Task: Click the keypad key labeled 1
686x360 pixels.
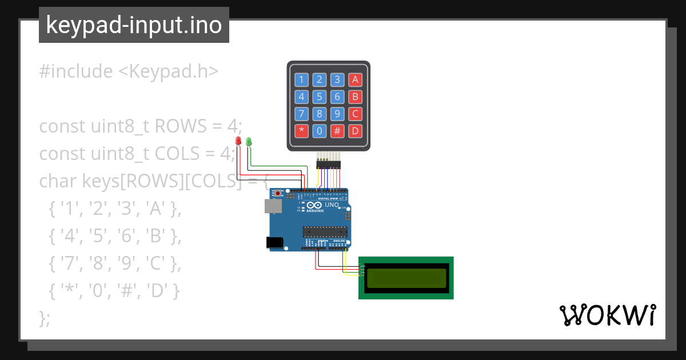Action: pos(301,80)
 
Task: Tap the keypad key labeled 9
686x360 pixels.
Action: pos(337,114)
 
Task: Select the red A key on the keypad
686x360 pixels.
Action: pos(355,80)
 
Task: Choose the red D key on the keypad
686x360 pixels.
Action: pos(355,131)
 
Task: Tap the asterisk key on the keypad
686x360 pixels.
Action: pos(301,131)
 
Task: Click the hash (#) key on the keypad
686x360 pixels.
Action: pos(337,131)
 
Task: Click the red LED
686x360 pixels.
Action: pos(238,141)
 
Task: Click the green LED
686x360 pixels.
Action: pos(249,141)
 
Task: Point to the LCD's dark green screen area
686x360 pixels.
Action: pos(406,278)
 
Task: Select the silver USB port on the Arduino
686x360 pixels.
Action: pos(272,206)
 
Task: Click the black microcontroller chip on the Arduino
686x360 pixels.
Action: pos(325,231)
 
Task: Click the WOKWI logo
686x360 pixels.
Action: pos(607,315)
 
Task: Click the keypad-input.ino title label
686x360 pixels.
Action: pos(134,25)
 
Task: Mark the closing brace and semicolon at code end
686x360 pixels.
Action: pos(45,318)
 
